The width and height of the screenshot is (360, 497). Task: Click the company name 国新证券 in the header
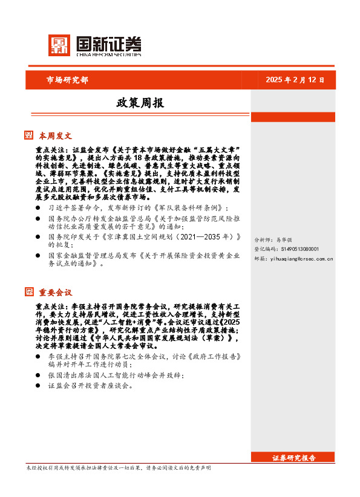pyautogui.click(x=108, y=44)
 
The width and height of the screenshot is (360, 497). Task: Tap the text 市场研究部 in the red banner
pyautogui.click(x=67, y=80)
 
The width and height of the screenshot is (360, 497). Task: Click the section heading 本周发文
pyautogui.click(x=56, y=135)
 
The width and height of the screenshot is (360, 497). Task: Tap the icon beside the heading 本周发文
pyautogui.click(x=29, y=135)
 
